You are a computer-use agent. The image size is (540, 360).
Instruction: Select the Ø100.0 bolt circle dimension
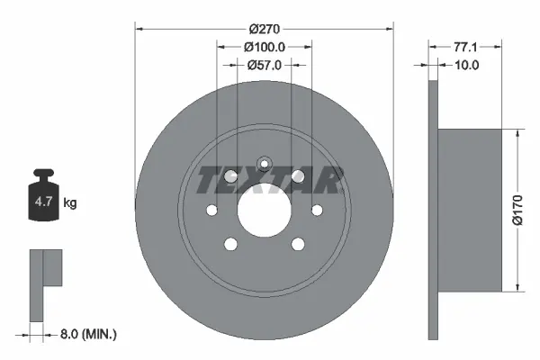coord(265,46)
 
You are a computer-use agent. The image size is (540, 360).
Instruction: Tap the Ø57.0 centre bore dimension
coord(265,65)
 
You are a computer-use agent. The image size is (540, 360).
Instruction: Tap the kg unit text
coord(70,203)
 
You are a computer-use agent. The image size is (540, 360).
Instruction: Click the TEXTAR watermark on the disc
coord(267,180)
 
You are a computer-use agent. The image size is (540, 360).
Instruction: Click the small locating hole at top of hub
coord(265,164)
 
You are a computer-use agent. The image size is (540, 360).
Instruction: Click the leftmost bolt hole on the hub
coord(212,211)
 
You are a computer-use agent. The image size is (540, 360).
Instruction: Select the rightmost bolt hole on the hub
coord(317,211)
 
